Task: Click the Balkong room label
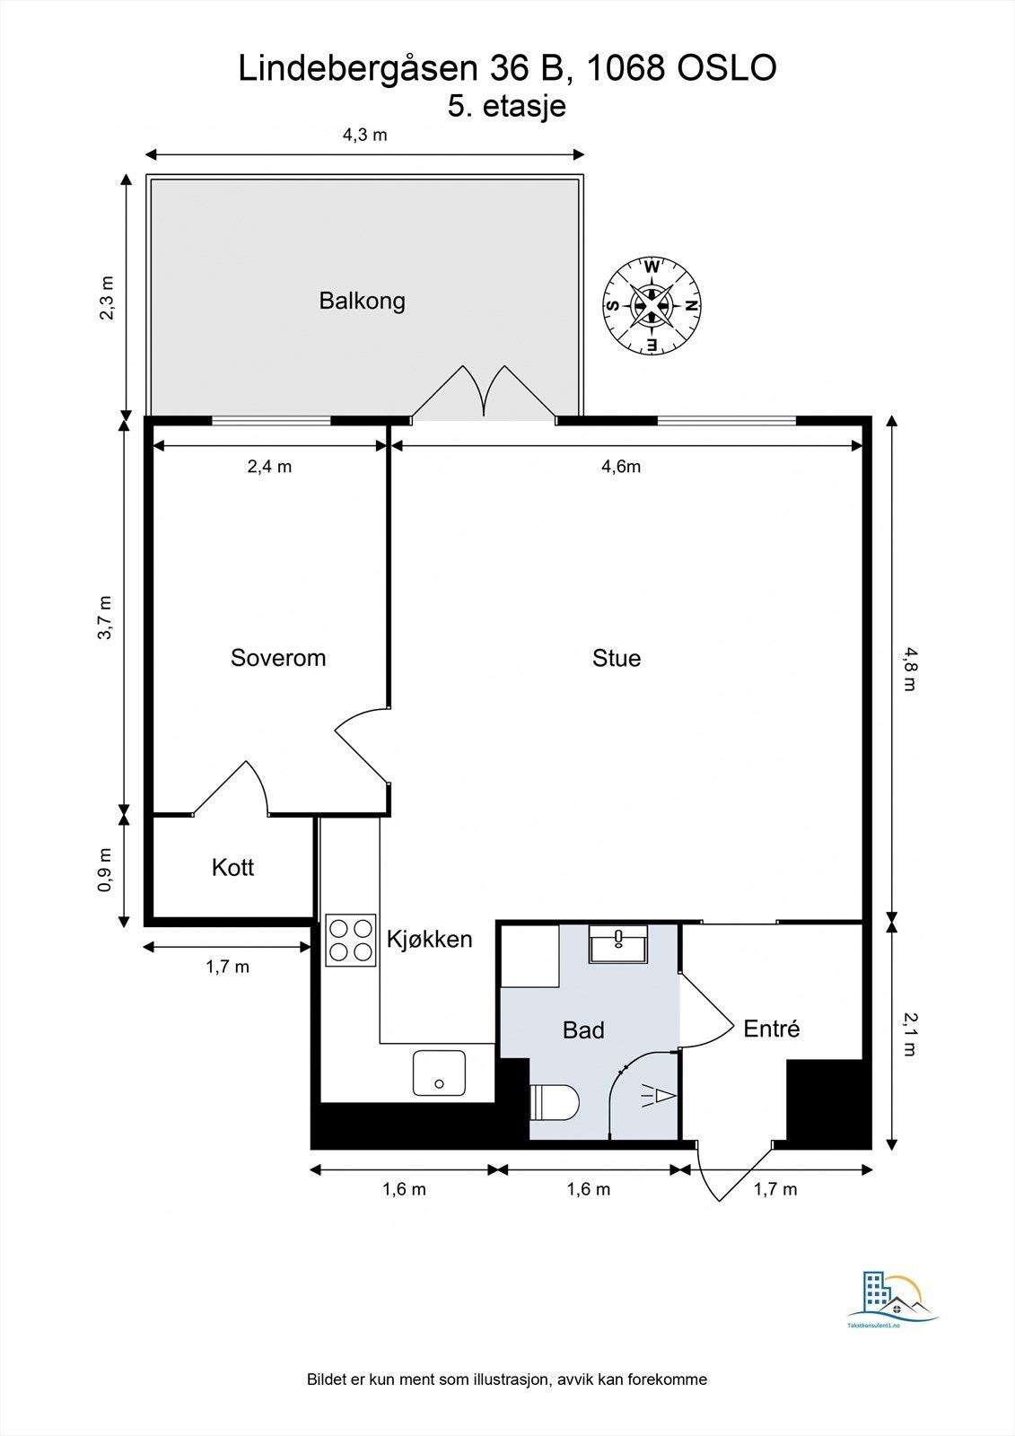[363, 301]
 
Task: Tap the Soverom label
[278, 658]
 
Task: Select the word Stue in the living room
[617, 659]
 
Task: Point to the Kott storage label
[232, 867]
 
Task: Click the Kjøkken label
[429, 939]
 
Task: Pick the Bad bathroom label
[583, 1029]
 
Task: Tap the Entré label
[772, 1029]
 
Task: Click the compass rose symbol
[652, 305]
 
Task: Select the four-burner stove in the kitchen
[351, 940]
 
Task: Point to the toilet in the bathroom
[555, 1103]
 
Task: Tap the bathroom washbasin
[618, 943]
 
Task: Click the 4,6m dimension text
[621, 466]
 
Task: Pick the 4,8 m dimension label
[910, 669]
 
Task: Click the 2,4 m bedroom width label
[269, 466]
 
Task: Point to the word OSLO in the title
[726, 68]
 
